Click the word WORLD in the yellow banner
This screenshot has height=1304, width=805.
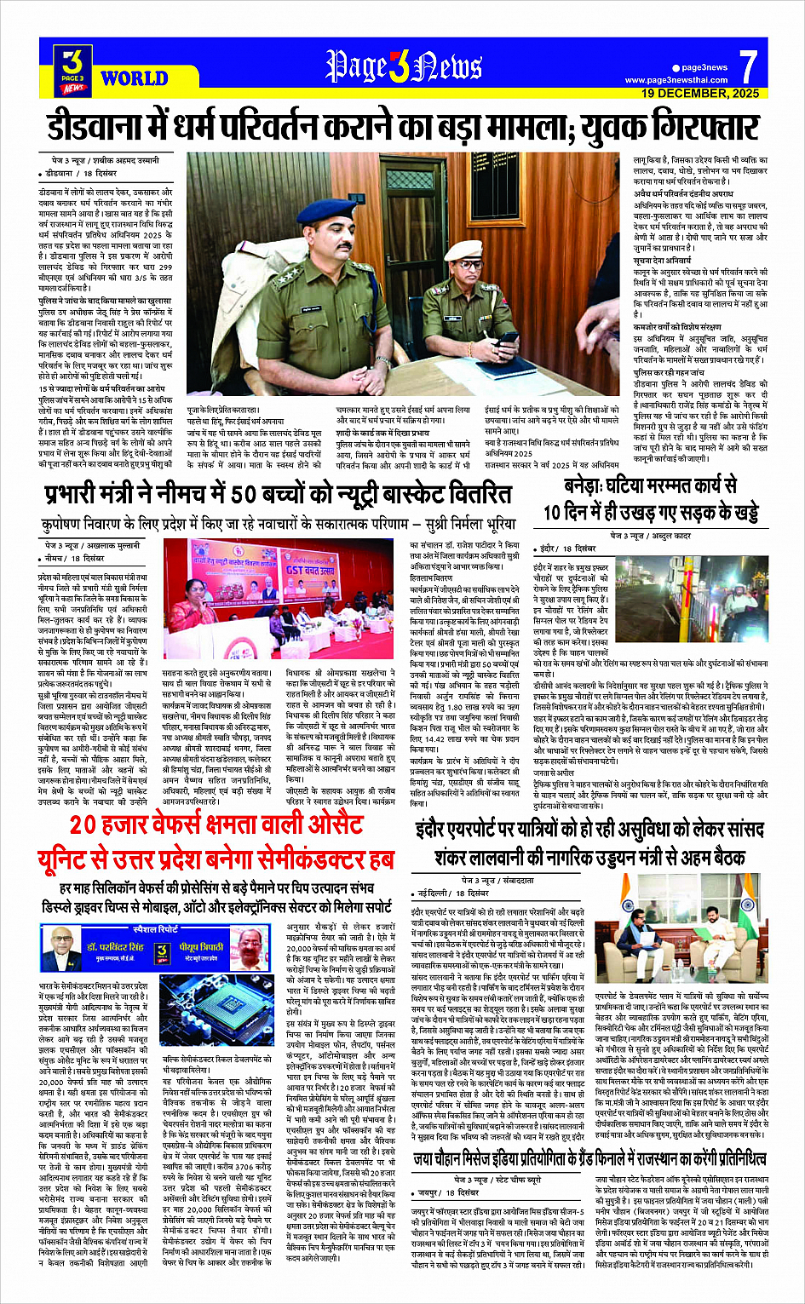click(134, 79)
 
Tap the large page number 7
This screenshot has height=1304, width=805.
click(747, 66)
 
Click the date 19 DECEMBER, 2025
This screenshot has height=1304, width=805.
click(699, 93)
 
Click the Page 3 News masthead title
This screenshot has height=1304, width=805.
click(403, 66)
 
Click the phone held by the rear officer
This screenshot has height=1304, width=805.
click(508, 337)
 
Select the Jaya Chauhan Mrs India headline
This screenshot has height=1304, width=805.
click(589, 1158)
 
